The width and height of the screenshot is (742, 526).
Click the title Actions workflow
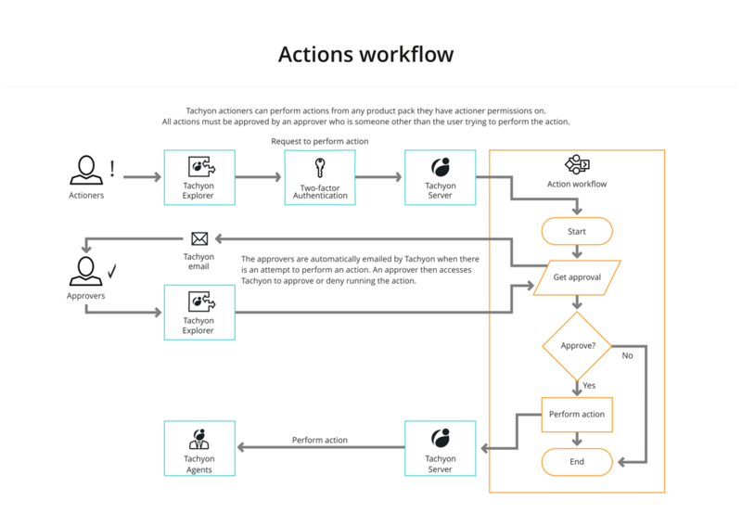(366, 55)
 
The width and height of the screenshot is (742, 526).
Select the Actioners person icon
(86, 170)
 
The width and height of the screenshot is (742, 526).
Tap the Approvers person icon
(86, 272)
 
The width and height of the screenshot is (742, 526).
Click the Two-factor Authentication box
(319, 176)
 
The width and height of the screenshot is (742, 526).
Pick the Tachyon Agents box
(199, 448)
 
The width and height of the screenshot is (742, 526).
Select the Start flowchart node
(577, 231)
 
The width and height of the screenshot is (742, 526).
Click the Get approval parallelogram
(577, 277)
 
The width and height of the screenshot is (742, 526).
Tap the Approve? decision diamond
(577, 346)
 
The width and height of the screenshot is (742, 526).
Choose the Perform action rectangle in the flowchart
(577, 414)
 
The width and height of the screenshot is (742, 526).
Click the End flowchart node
(577, 461)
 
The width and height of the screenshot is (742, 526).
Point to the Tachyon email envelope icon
(198, 239)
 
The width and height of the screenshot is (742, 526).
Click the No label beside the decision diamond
(628, 355)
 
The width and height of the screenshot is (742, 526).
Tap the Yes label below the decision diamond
(589, 385)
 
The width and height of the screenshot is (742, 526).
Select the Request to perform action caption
(319, 141)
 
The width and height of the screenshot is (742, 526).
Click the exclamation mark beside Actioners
(112, 169)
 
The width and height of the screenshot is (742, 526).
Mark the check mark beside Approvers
(112, 271)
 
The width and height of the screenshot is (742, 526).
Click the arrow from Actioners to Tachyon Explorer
(141, 176)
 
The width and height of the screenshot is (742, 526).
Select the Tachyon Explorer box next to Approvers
(199, 312)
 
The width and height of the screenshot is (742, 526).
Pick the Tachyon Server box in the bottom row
(440, 448)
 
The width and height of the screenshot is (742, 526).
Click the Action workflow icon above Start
(577, 165)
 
